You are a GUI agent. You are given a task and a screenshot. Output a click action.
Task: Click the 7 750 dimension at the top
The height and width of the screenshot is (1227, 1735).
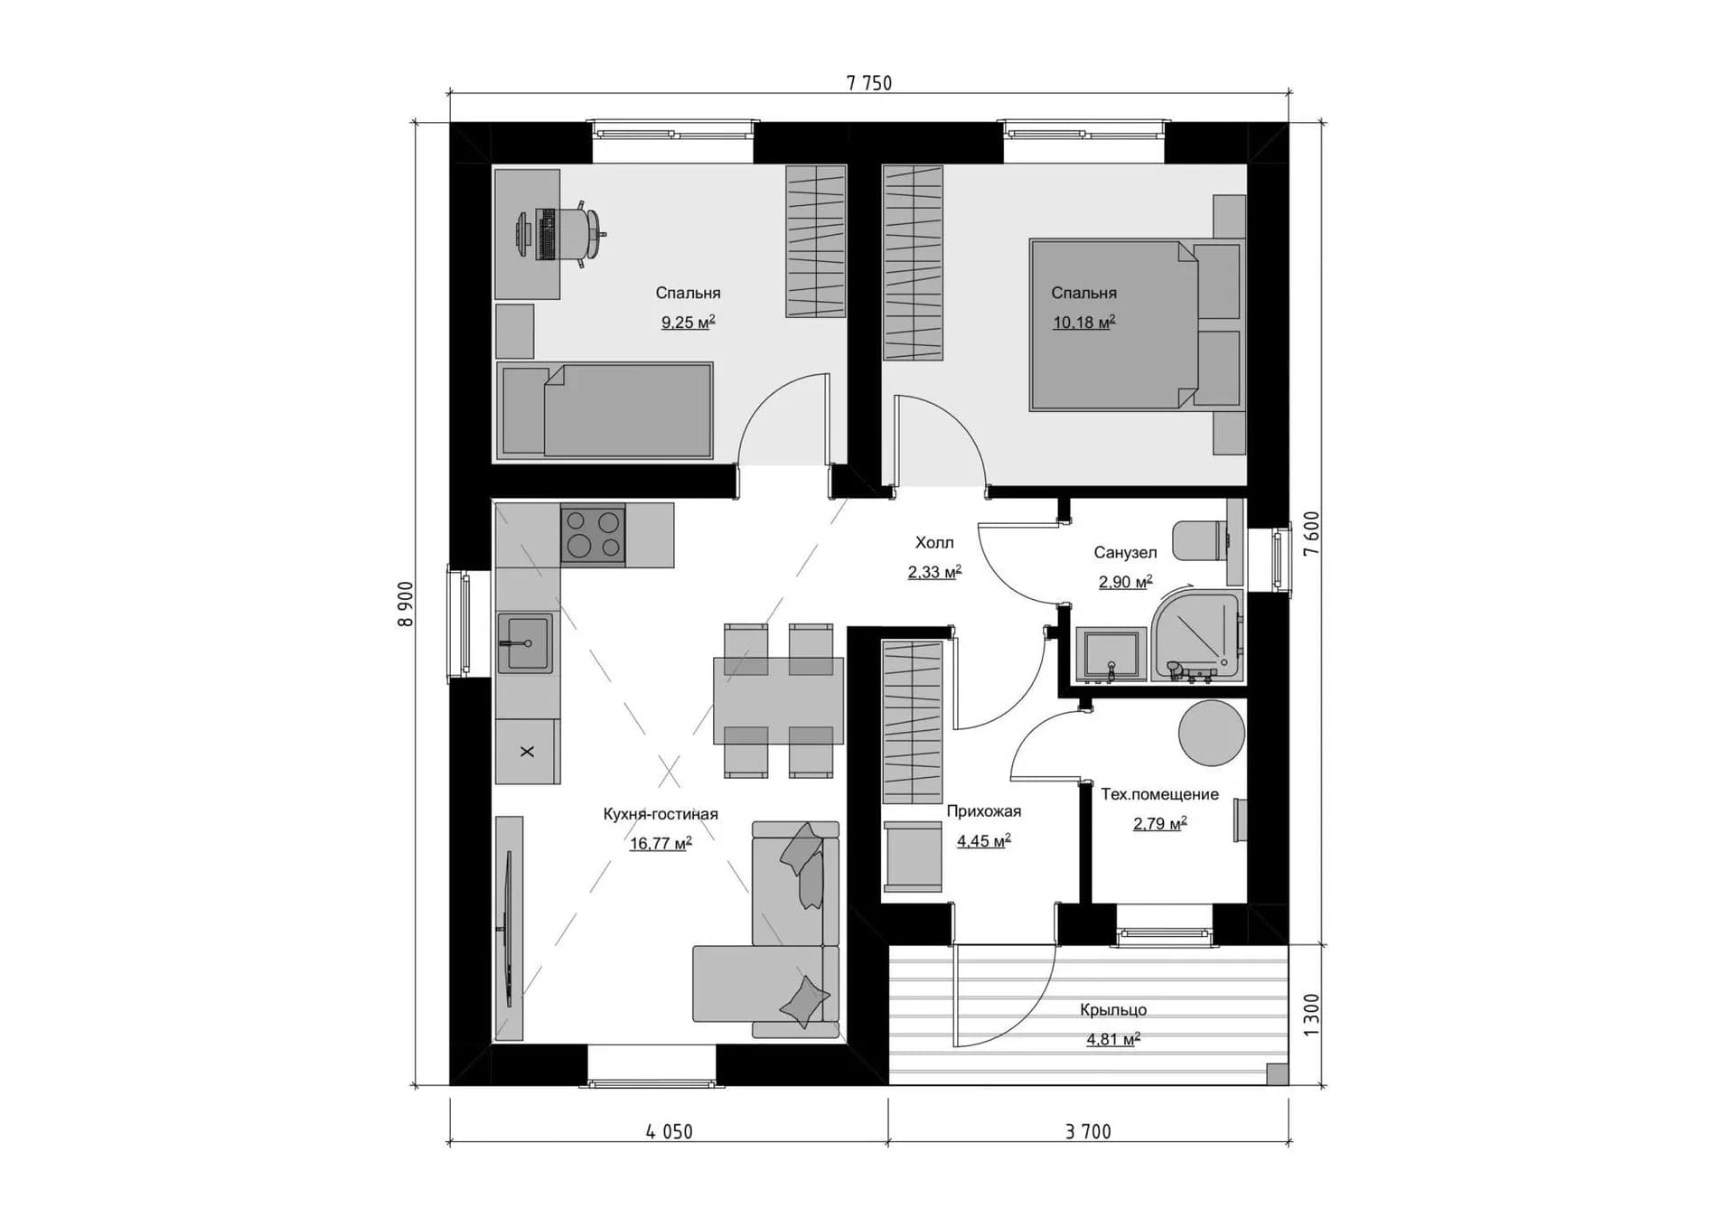[868, 83]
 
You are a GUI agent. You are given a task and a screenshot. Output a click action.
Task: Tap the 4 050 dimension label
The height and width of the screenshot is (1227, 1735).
[669, 1131]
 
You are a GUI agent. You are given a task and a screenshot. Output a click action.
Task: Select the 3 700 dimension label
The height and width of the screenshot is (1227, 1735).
[1088, 1131]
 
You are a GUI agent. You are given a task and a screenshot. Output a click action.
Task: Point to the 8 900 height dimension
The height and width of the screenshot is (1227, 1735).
[406, 604]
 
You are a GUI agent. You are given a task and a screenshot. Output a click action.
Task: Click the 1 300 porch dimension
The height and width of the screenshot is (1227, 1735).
[1312, 1015]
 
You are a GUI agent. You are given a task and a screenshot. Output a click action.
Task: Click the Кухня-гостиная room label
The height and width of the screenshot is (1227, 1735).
[661, 814]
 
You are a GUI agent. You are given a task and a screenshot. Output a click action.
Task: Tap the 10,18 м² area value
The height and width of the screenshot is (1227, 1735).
[1084, 322]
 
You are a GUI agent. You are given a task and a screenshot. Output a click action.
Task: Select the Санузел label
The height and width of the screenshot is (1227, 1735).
[1125, 552]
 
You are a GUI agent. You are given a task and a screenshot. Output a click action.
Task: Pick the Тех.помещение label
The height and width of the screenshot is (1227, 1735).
[1159, 794]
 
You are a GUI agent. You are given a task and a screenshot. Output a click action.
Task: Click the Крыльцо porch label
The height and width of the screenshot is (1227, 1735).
[1113, 1010]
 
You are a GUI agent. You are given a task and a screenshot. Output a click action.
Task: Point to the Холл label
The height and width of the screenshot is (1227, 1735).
[934, 543]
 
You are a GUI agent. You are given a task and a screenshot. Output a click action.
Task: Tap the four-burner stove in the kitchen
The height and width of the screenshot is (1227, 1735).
[593, 534]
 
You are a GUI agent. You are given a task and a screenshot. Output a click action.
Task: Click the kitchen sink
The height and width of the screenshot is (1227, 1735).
[525, 643]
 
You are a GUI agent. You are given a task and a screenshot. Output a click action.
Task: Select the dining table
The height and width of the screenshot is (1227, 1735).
[778, 701]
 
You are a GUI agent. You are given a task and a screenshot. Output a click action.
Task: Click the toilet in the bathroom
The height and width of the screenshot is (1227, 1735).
[1202, 540]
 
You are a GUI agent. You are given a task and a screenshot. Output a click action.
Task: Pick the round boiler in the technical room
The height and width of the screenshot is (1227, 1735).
[1212, 733]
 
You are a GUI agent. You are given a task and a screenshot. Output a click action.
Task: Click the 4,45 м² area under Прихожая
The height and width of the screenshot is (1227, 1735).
[984, 841]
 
